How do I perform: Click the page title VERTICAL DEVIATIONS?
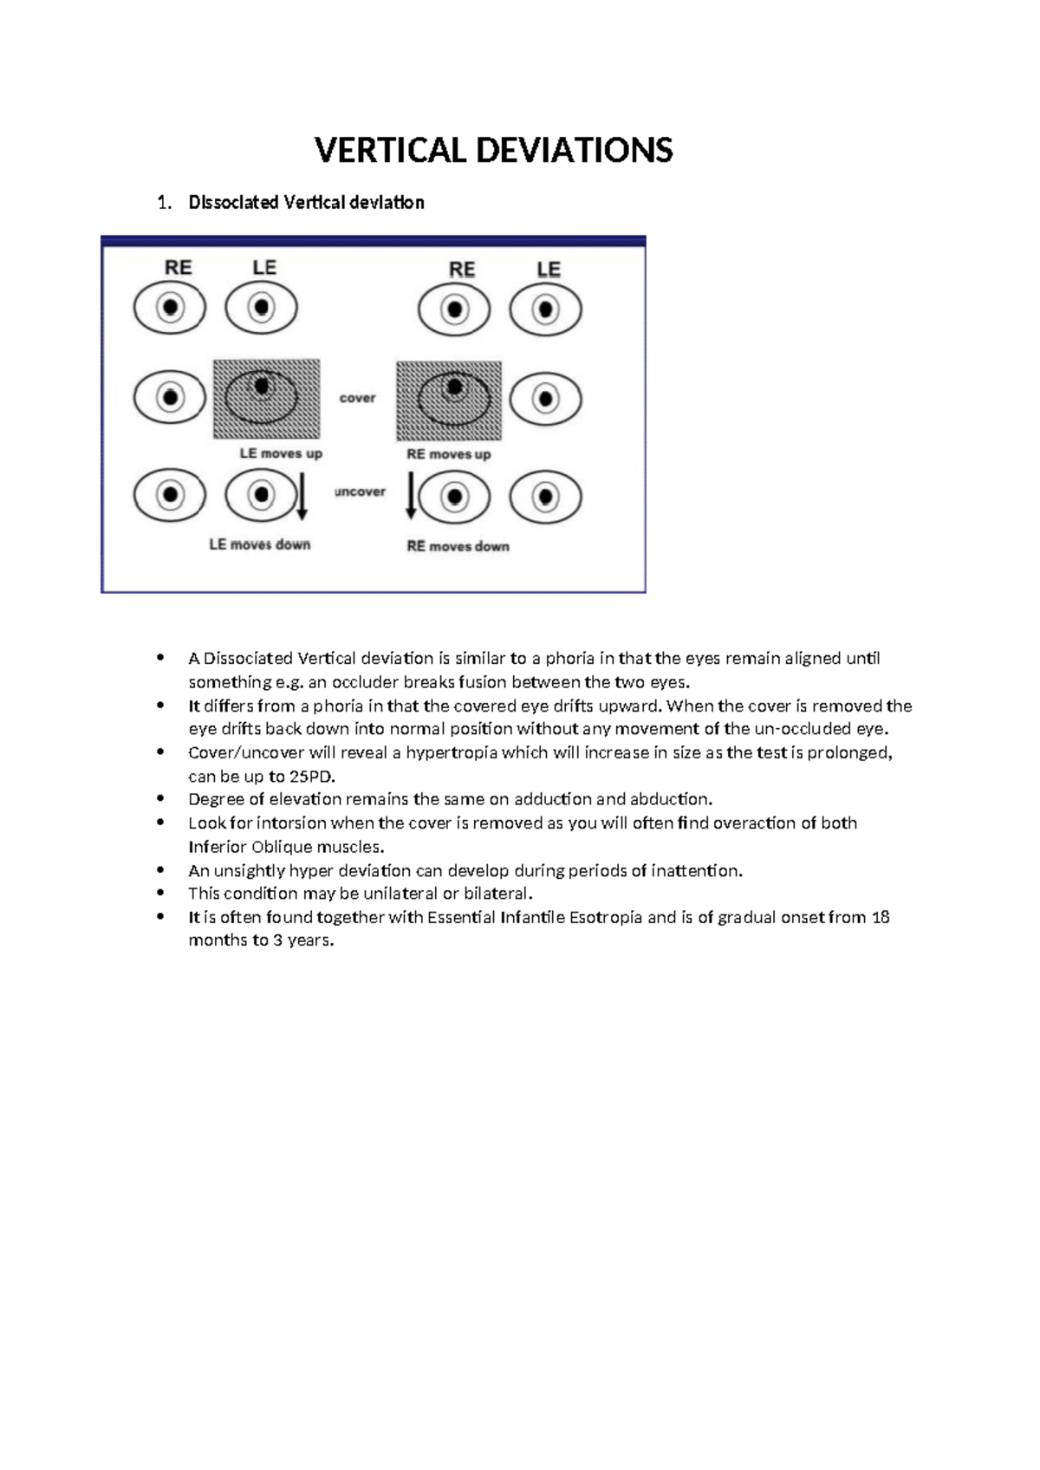(493, 151)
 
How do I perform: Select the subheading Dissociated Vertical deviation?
(306, 203)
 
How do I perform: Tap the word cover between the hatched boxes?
(357, 399)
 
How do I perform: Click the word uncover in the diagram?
(360, 492)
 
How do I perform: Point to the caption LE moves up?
(281, 453)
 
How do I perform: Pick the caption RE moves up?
(449, 454)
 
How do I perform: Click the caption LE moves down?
(260, 545)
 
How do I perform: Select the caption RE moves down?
(458, 547)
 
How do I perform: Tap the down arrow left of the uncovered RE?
(412, 498)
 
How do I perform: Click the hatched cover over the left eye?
(267, 400)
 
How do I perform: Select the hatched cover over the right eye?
(449, 401)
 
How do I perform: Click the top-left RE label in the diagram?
(178, 268)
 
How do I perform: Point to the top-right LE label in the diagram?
(549, 270)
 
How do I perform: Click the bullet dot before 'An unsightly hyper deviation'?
(159, 869)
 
